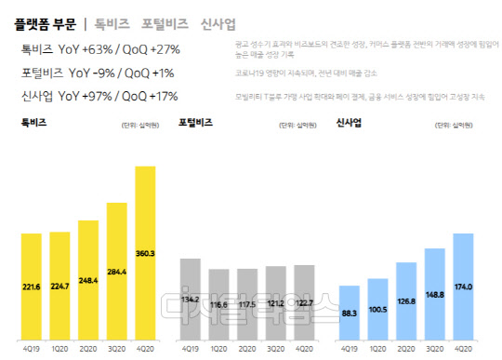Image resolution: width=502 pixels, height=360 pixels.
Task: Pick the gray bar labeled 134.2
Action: (x=190, y=299)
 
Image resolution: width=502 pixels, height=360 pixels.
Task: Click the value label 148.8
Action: (x=435, y=294)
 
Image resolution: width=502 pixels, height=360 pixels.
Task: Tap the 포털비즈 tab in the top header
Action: (x=164, y=21)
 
